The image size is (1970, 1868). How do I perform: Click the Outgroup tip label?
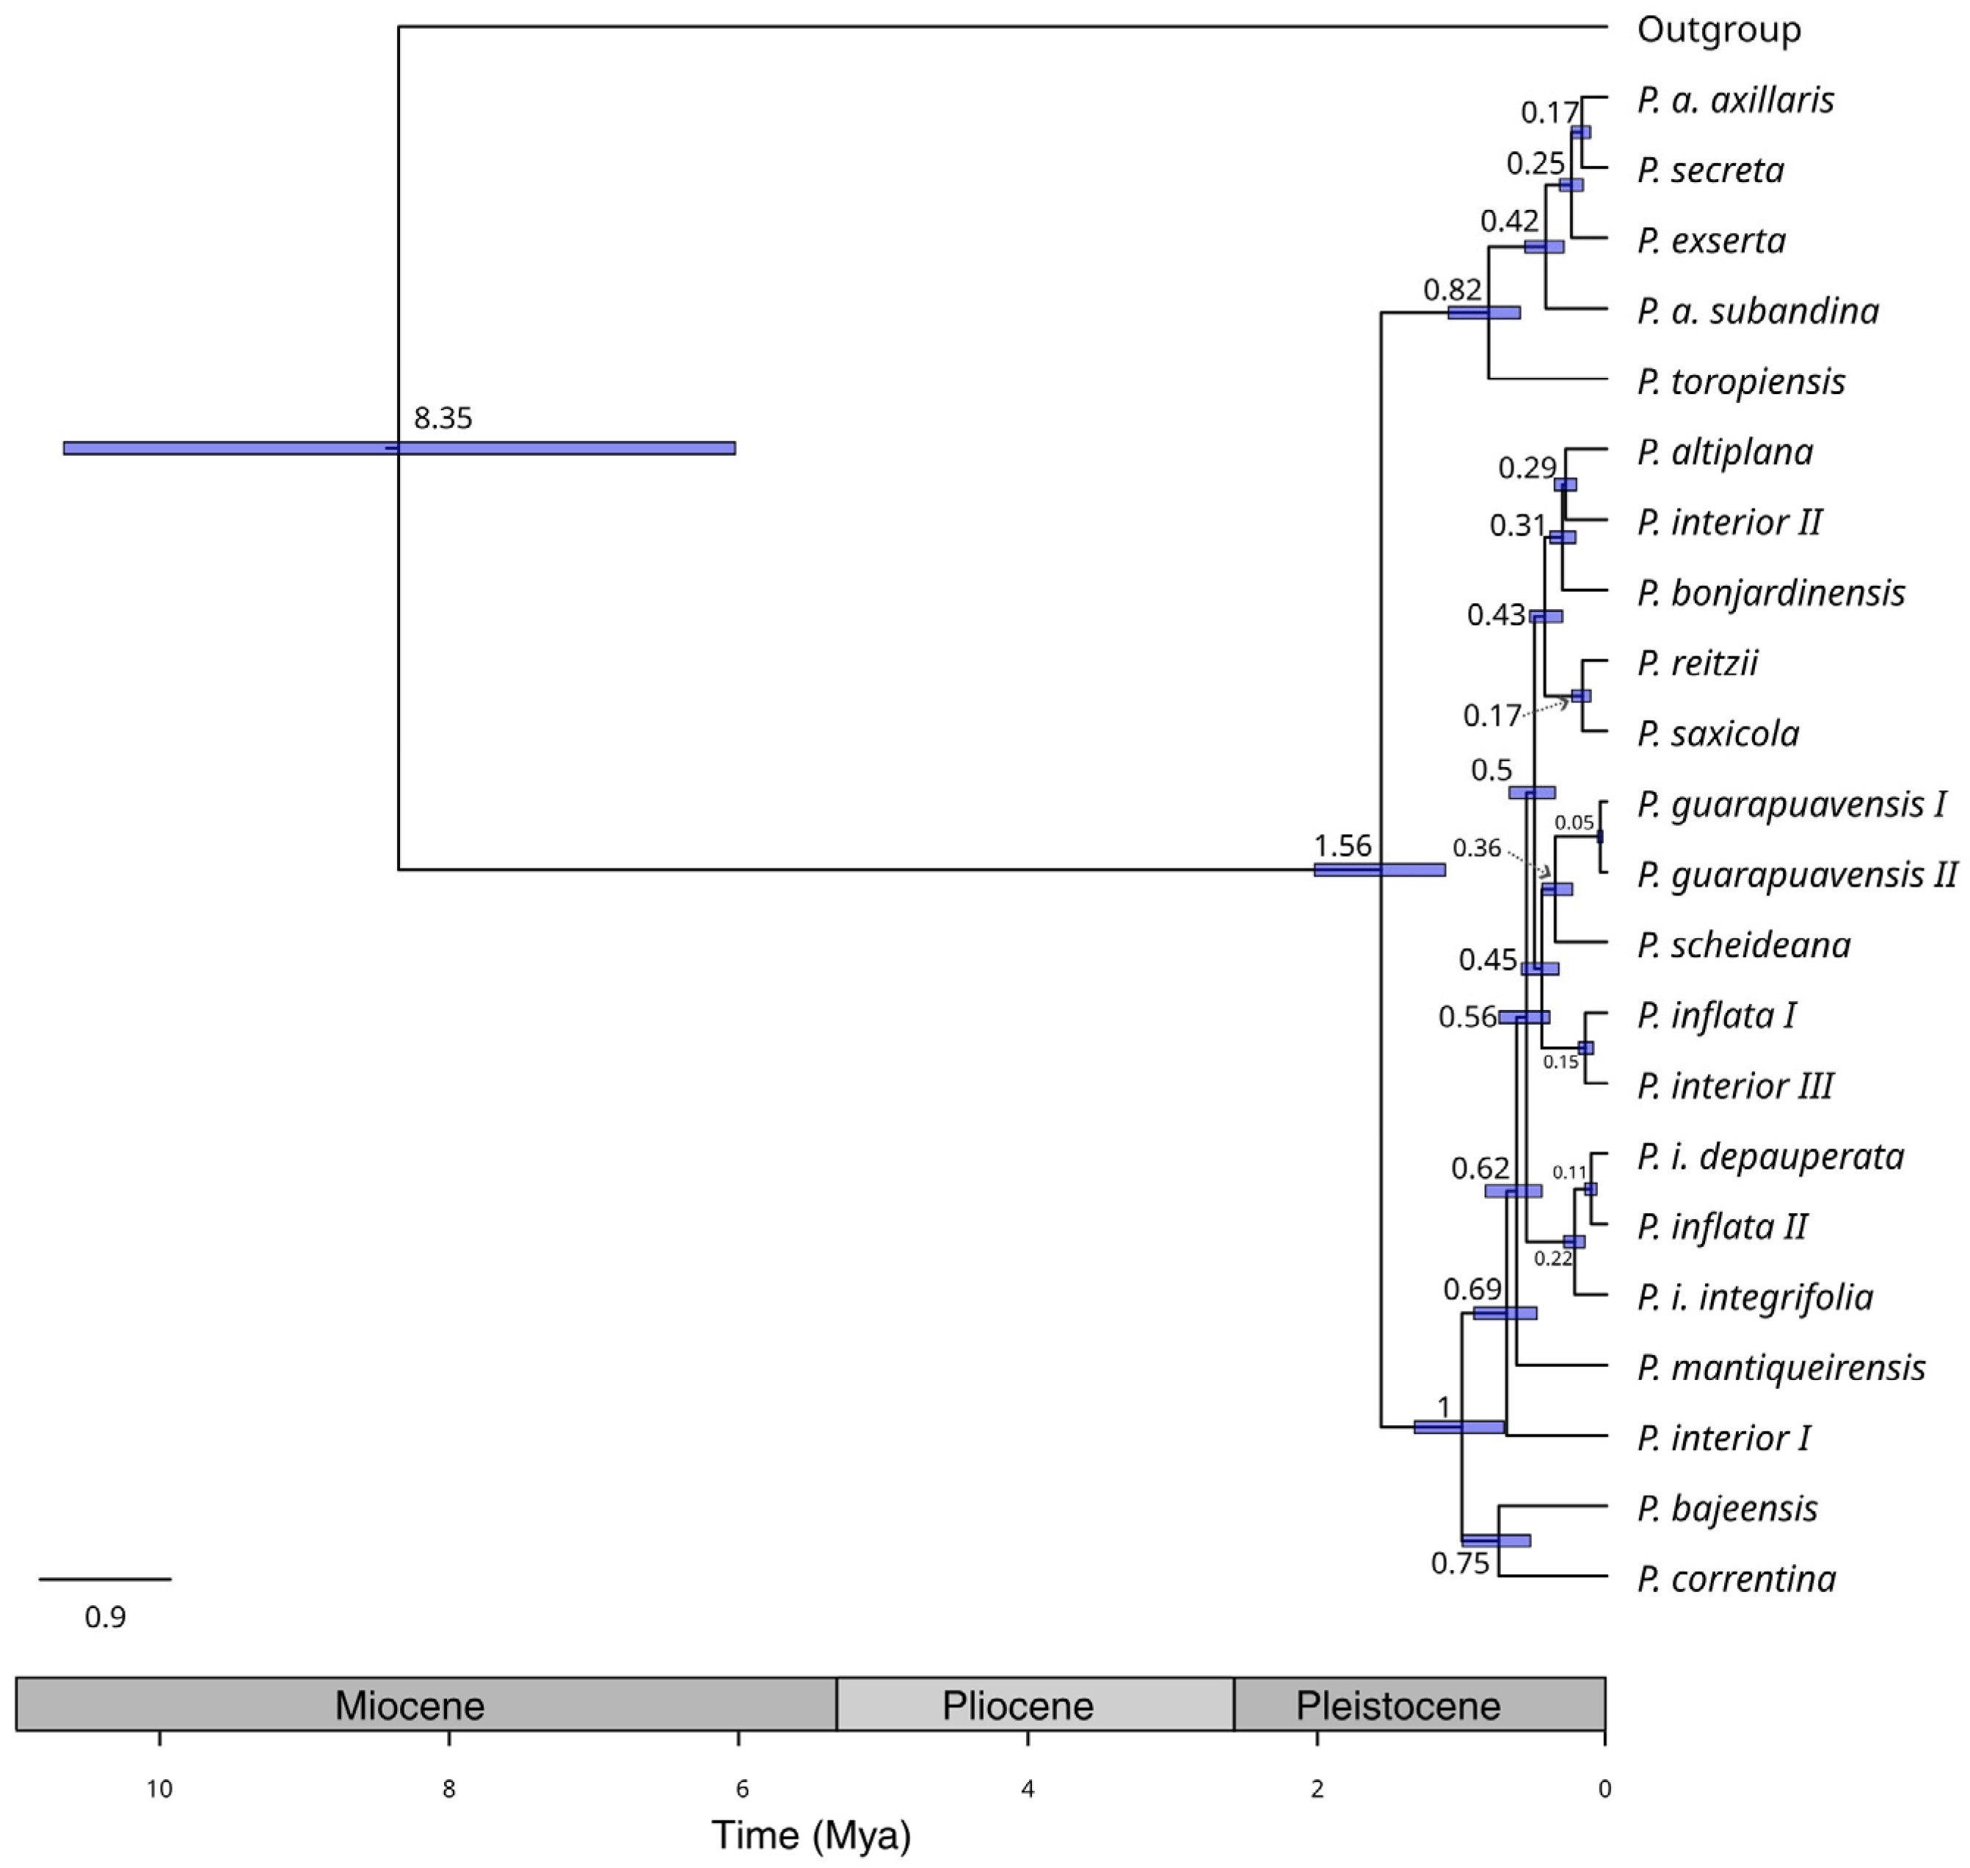click(x=1719, y=30)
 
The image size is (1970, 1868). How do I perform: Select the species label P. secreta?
click(x=1711, y=170)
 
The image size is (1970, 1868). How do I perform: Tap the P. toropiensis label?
click(x=1741, y=382)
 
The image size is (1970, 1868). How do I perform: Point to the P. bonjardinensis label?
click(x=1771, y=594)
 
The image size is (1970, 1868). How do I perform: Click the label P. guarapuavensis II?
click(x=1797, y=875)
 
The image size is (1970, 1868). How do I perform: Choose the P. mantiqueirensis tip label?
click(x=1781, y=1368)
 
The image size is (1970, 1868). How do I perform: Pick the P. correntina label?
click(x=1737, y=1580)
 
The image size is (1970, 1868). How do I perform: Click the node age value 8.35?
click(x=443, y=418)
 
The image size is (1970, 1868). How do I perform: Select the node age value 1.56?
click(x=1342, y=846)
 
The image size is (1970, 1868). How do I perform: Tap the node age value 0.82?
click(x=1452, y=290)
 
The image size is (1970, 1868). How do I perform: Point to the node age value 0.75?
click(x=1460, y=1564)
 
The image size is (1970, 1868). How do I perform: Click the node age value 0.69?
click(x=1473, y=1290)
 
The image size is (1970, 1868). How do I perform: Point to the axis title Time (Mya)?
click(x=811, y=1835)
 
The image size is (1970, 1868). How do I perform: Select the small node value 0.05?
click(x=1574, y=823)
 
